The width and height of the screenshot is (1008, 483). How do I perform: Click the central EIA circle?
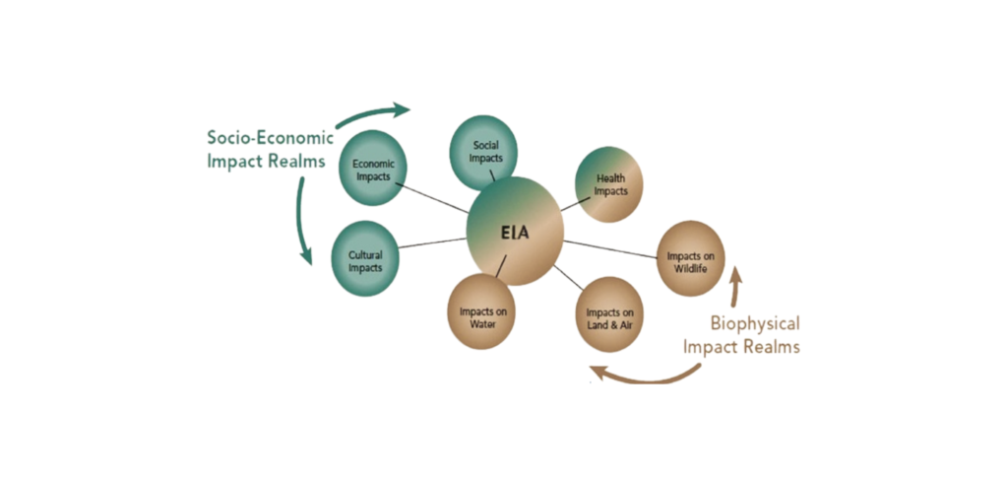click(514, 232)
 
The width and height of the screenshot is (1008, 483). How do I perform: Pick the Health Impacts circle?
click(610, 184)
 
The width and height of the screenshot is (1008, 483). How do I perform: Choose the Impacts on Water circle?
click(482, 312)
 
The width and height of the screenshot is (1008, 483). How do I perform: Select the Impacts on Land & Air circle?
click(608, 314)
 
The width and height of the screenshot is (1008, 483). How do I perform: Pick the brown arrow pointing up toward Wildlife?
click(733, 286)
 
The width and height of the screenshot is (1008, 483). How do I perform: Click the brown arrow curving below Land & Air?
click(645, 376)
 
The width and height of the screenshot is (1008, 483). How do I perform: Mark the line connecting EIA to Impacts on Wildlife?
click(610, 248)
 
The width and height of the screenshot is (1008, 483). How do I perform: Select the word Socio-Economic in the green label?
click(270, 138)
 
